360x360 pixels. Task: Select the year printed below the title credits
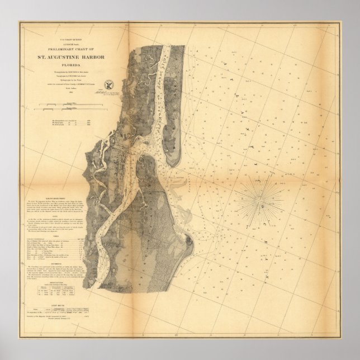point(77,99)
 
